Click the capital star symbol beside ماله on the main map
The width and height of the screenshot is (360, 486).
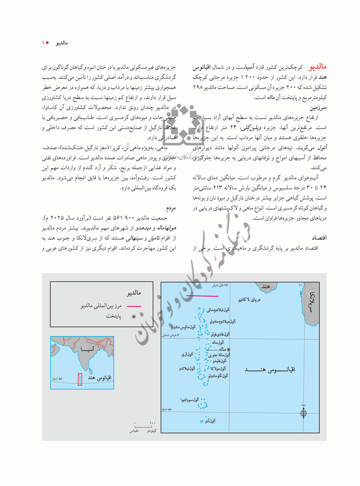tap(229, 350)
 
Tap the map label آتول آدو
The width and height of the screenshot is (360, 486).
tap(210, 421)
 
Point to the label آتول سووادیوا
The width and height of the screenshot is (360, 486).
tap(190, 400)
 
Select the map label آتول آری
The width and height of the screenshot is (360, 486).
tap(187, 354)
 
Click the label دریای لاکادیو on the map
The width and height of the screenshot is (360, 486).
tap(249, 300)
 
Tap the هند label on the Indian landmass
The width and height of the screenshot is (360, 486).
tap(266, 287)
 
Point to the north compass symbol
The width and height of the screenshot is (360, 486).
tap(303, 413)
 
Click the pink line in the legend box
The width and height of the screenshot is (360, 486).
tap(134, 306)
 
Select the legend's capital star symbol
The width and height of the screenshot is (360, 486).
tap(134, 317)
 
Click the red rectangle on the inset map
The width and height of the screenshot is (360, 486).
tap(80, 380)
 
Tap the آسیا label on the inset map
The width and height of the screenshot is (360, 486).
tap(87, 349)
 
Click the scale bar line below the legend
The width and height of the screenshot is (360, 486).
tap(143, 427)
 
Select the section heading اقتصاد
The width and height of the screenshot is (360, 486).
tap(319, 238)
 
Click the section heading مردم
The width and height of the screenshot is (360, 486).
tap(171, 208)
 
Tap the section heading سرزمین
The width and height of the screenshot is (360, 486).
tap(318, 108)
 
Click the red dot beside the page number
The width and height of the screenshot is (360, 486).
tap(47, 43)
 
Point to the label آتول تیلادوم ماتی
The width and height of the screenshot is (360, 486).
tap(218, 310)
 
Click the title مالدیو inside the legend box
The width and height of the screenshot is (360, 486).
tap(134, 293)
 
